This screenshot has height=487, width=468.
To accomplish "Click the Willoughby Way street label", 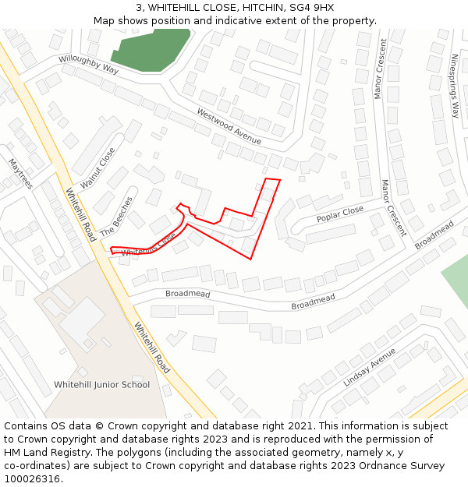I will (88, 64).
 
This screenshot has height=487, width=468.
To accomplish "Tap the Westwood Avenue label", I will (229, 125).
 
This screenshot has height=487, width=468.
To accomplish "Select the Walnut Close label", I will (97, 167).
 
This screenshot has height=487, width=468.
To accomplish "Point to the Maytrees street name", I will (20, 174).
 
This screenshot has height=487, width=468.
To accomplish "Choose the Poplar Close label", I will (340, 214).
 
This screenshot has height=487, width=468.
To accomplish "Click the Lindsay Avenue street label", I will (370, 369).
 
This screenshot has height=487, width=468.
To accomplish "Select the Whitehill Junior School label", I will (101, 385).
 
